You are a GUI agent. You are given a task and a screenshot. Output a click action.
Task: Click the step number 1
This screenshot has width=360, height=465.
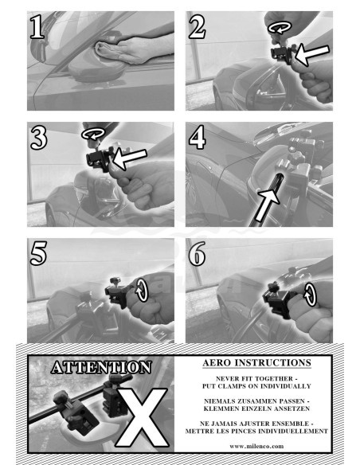[37, 27]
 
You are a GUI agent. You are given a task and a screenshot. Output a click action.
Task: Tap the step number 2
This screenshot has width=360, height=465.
[197, 27]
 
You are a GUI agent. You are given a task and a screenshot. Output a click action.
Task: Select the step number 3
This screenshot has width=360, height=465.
[38, 137]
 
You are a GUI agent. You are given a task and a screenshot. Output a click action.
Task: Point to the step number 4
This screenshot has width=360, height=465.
[198, 137]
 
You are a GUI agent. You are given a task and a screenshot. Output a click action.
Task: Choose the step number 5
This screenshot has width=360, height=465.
[38, 253]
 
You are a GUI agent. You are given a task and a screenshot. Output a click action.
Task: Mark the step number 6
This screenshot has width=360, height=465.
[198, 253]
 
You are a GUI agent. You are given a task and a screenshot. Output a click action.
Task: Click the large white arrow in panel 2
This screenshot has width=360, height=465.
[312, 55]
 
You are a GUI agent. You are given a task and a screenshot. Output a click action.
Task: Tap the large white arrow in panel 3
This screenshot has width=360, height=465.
[130, 159]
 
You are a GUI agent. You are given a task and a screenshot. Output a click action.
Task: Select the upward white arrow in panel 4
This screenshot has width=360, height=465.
[267, 205]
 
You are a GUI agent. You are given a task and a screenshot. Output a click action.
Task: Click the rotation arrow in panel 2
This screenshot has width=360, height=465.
[280, 27]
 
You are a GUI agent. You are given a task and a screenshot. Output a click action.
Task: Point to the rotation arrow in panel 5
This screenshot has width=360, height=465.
[142, 291]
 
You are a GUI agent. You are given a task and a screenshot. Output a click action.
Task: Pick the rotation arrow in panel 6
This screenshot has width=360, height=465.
[310, 295]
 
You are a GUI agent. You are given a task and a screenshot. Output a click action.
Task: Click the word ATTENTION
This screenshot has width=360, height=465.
[101, 367]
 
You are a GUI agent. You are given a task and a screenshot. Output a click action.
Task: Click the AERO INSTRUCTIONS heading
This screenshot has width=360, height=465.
[256, 363]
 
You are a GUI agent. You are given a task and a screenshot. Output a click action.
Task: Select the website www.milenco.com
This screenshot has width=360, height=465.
[256, 446]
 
